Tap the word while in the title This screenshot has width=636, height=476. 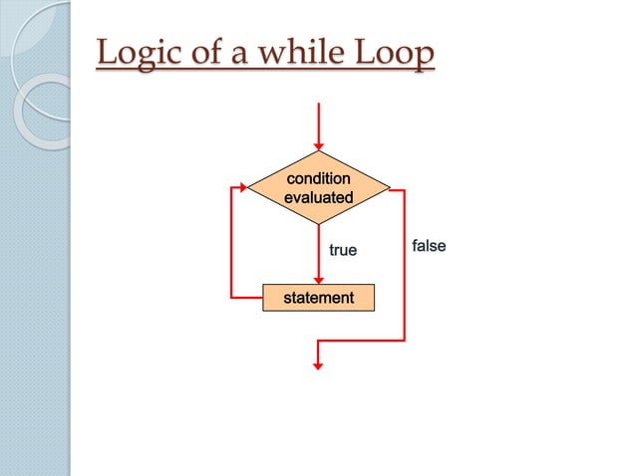(290, 54)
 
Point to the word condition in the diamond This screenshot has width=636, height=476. (318, 179)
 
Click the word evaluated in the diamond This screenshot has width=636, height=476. (318, 198)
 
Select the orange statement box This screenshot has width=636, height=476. (318, 298)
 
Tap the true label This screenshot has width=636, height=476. (342, 251)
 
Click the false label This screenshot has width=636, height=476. (429, 245)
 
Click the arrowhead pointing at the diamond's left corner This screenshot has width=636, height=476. (242, 187)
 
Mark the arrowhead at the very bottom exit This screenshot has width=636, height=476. (318, 365)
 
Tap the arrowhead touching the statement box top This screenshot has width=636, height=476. (318, 279)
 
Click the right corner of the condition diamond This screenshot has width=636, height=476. (390, 187)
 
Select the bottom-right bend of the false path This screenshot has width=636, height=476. (405, 341)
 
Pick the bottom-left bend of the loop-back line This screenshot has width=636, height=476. (231, 298)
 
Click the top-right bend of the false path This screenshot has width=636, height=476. (405, 187)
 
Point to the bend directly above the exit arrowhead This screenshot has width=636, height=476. (318, 341)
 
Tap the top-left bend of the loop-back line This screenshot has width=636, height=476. (231, 187)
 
